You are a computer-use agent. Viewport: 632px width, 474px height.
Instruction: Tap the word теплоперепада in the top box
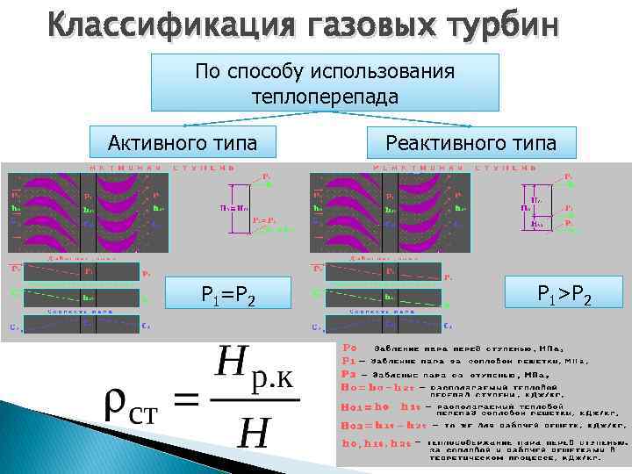click(325, 95)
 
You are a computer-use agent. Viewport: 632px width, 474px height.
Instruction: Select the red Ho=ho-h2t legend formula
click(372, 386)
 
